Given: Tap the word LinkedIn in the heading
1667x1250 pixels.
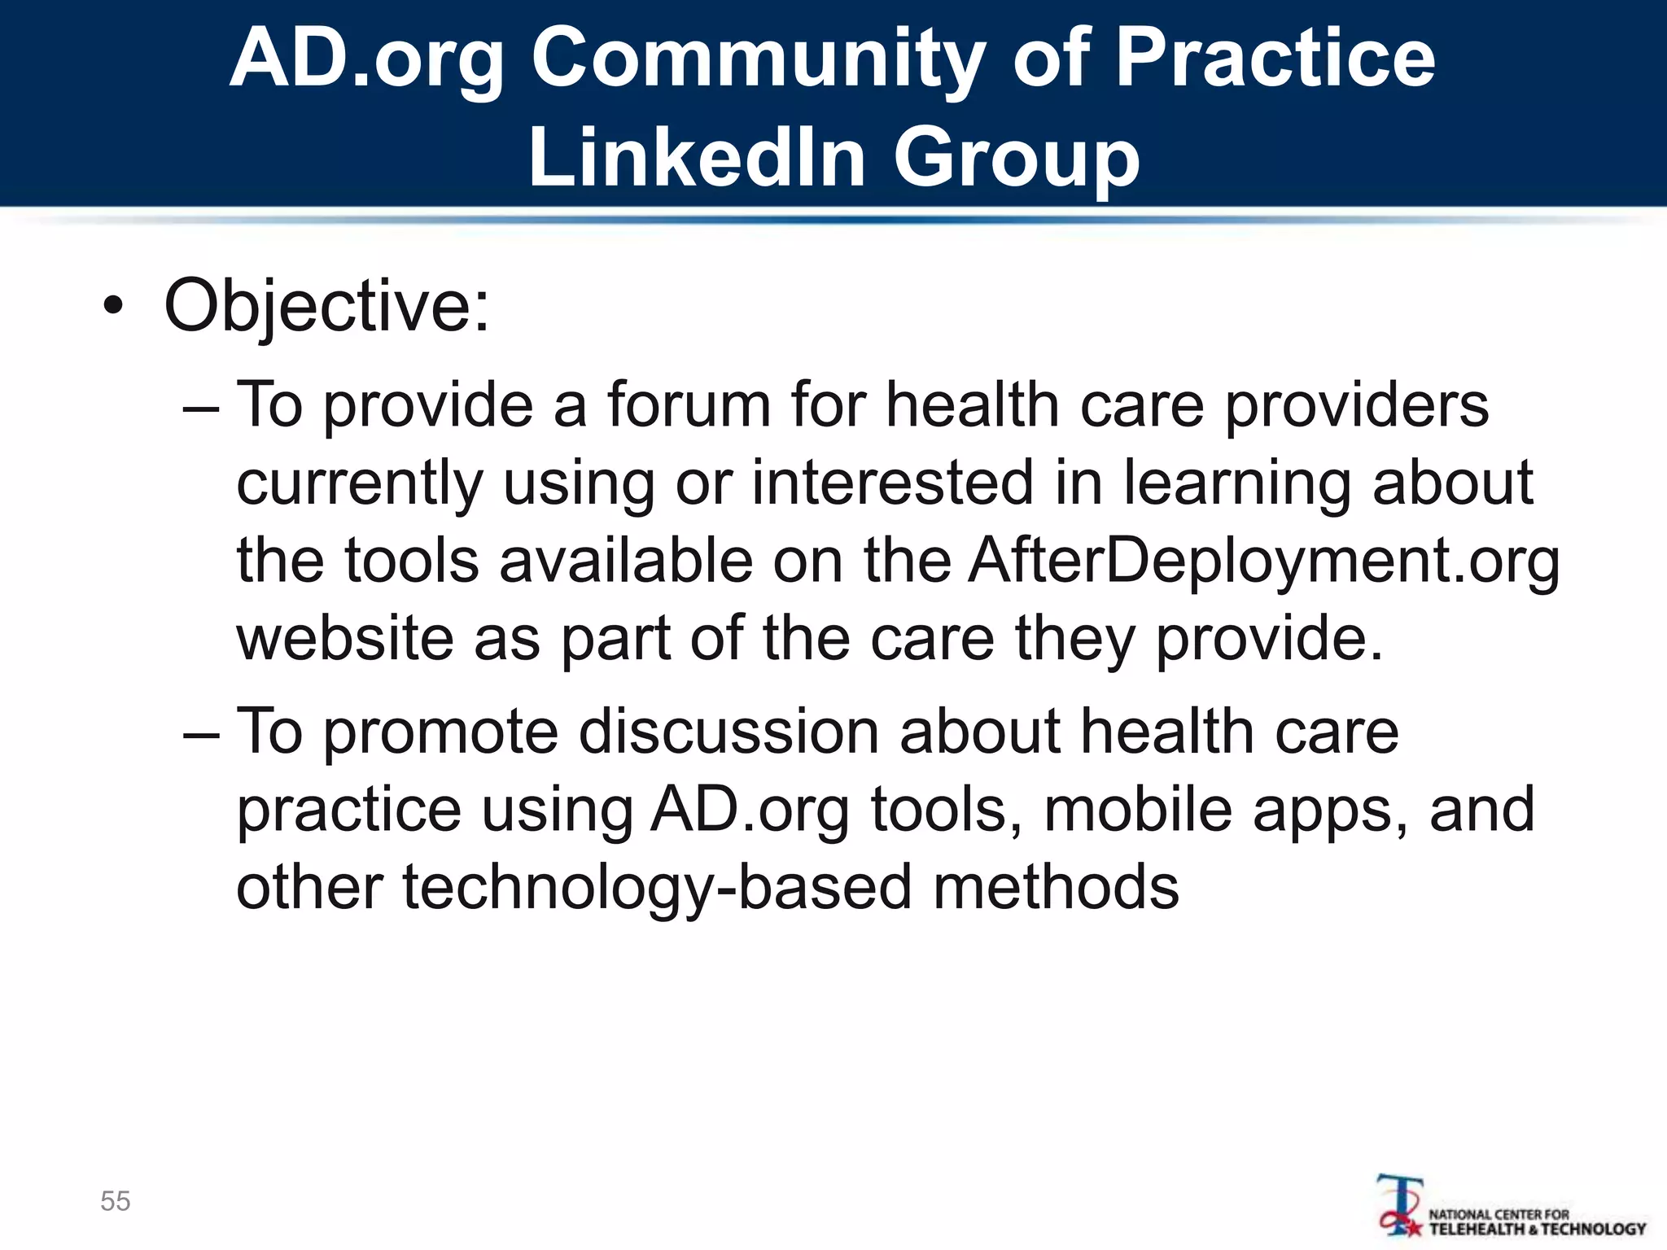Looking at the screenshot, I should (x=697, y=157).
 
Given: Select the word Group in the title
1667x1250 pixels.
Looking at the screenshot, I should (x=1017, y=157).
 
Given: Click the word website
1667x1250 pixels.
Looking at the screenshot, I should (x=344, y=639).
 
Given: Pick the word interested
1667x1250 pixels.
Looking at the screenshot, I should (x=891, y=483).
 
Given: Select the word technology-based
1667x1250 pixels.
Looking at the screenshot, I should (x=657, y=887).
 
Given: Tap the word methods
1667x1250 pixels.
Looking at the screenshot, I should (x=1056, y=887).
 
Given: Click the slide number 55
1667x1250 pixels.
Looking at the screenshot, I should (x=116, y=1201).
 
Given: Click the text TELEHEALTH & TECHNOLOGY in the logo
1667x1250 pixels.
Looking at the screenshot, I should (x=1538, y=1230).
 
